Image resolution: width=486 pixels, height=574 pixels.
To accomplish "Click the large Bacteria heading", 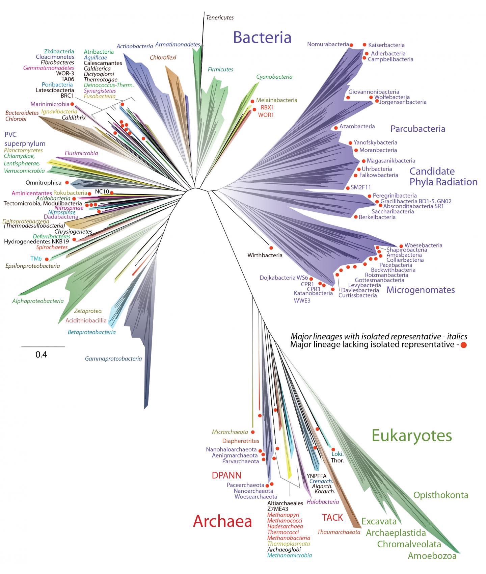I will (x=262, y=37).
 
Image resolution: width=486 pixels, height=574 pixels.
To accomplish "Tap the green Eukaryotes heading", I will (x=411, y=436).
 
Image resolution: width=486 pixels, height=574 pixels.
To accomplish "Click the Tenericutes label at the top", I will (x=220, y=18).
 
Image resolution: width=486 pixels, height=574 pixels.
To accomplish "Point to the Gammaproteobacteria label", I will (x=113, y=359).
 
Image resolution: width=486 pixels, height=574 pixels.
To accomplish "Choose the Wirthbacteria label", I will (x=265, y=255).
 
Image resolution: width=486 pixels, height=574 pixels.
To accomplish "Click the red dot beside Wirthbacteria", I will (x=271, y=248).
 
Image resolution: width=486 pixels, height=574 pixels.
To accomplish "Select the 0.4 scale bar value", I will (x=41, y=355).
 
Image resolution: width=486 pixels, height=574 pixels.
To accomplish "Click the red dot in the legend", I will (x=463, y=345).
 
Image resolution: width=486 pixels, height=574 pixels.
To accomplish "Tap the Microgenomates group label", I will (x=421, y=290).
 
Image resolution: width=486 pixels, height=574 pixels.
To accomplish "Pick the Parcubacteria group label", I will (x=417, y=129).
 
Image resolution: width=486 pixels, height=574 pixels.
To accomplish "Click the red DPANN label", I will (x=226, y=475).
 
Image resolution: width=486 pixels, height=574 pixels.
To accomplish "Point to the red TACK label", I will (x=332, y=517).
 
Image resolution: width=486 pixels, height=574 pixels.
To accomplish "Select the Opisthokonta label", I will (x=441, y=495).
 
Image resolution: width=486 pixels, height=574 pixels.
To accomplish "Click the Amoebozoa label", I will (x=432, y=556).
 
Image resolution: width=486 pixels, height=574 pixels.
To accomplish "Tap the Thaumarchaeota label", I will (x=339, y=532).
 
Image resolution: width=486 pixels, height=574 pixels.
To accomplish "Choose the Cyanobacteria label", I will (x=274, y=77).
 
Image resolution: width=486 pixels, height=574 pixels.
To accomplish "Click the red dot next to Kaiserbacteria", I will (x=364, y=45).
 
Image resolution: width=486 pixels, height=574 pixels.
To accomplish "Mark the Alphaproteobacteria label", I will (x=38, y=301).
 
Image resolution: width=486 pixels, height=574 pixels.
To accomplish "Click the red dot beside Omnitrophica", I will (x=67, y=183).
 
